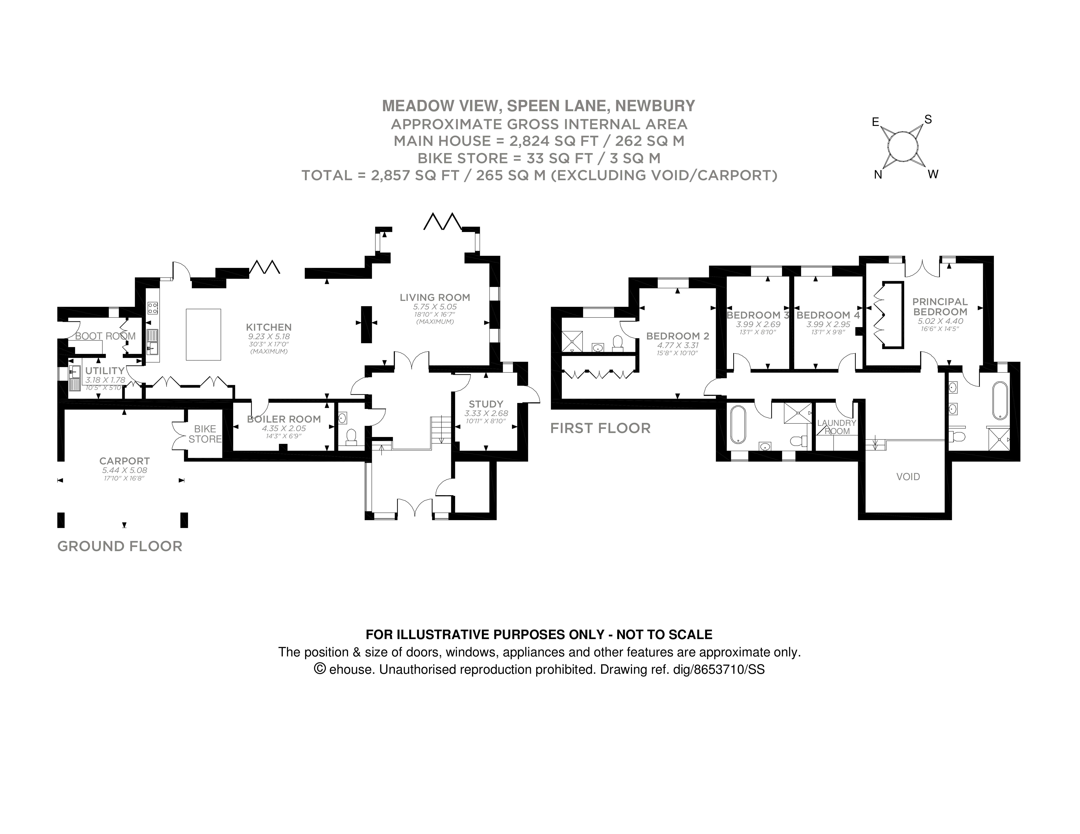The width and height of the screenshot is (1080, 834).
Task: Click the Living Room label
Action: (435, 297)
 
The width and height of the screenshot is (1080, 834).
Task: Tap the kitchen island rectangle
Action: (203, 334)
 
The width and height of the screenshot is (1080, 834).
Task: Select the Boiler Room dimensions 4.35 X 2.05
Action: (284, 428)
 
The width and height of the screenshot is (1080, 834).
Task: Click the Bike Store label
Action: (205, 434)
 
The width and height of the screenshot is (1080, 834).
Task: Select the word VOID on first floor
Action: (908, 477)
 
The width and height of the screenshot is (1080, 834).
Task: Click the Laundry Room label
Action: (837, 427)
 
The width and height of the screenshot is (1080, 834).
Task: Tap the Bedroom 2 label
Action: (677, 336)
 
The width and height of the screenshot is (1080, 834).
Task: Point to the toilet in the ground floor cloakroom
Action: (351, 437)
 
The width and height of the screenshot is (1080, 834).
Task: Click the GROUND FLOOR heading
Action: (120, 546)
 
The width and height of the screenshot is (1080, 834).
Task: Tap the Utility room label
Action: (105, 371)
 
